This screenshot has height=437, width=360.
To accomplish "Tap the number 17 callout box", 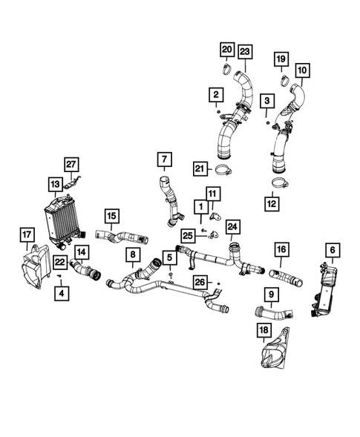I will point(27,235).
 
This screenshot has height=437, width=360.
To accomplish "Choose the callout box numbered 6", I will point(331,252).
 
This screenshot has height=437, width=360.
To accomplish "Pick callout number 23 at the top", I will point(244,51).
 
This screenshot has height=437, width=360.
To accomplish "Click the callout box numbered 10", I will point(301,71).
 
